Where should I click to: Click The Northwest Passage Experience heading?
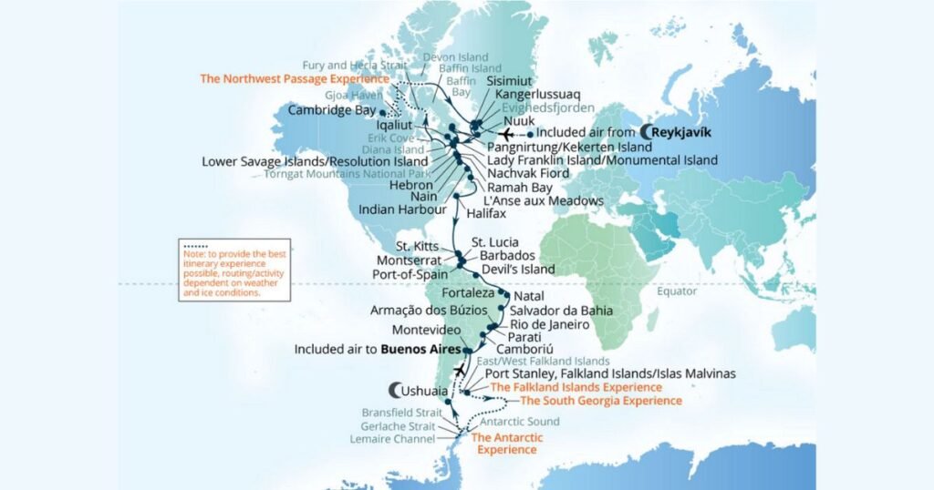coord(296,78)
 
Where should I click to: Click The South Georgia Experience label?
coord(600,401)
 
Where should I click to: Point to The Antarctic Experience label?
coord(506,444)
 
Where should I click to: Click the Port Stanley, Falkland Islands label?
coord(610,373)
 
